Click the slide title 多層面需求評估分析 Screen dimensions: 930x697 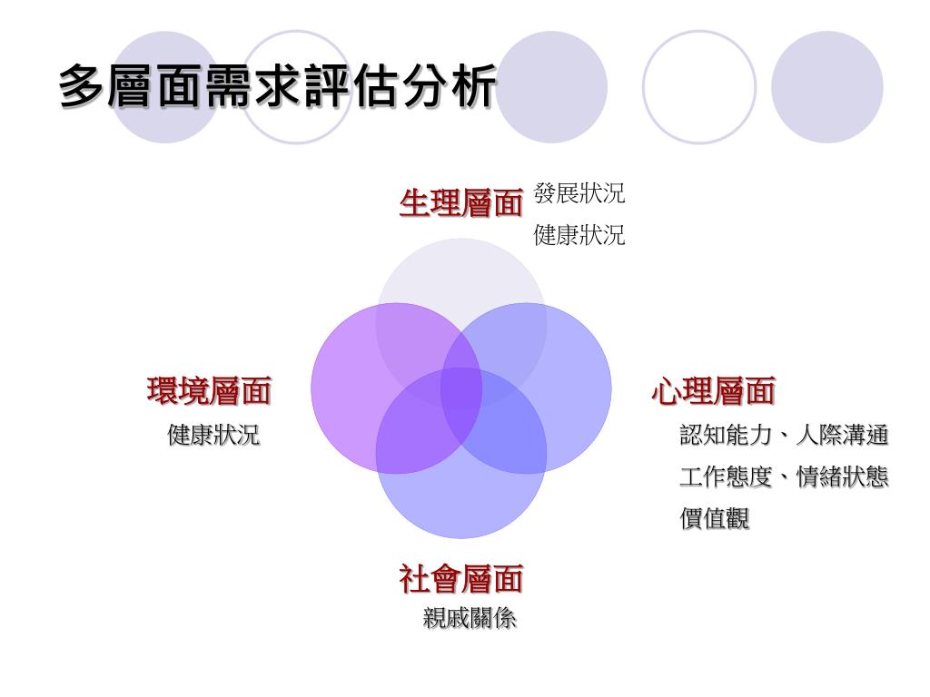click(278, 88)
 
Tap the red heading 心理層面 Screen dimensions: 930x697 click(713, 392)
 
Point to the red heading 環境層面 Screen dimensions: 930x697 click(209, 392)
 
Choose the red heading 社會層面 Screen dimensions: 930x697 click(461, 578)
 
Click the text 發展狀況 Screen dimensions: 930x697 click(579, 193)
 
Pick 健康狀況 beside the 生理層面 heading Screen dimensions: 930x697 click(579, 236)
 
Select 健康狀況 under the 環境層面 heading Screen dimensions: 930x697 click(213, 435)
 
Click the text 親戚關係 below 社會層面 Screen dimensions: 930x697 click(470, 619)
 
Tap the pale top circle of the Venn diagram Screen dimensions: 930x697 click(461, 272)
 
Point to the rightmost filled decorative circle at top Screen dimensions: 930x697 click(826, 87)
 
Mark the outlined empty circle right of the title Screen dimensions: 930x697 click(699, 87)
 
